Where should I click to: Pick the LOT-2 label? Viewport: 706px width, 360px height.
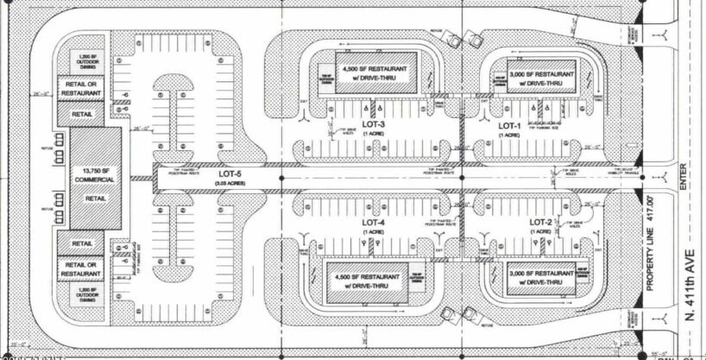pos(540,223)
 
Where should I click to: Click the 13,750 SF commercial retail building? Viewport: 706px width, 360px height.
pos(93,180)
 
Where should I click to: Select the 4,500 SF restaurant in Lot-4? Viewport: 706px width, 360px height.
pos(366,282)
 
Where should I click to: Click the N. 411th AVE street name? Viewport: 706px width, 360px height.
pos(690,286)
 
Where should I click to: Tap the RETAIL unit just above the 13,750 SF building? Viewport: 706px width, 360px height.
pos(82,112)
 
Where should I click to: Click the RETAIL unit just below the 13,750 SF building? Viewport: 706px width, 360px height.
pos(82,245)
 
